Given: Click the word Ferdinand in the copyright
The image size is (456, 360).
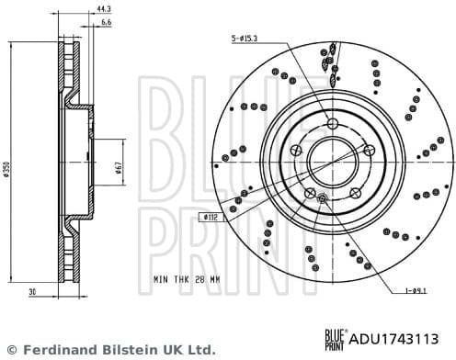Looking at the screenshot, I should point(56,350).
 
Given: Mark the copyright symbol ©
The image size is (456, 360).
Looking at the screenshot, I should point(12,350).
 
